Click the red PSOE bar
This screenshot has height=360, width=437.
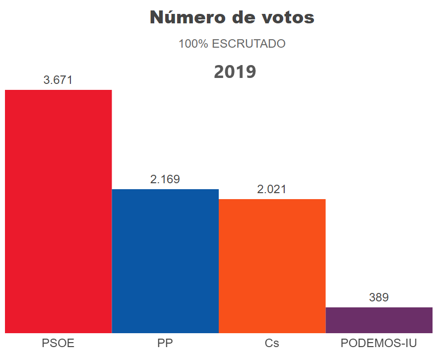click(x=58, y=211)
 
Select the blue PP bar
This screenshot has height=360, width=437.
click(x=165, y=261)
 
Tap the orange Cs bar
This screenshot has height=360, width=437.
click(x=272, y=266)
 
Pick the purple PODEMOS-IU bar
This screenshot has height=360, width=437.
click(x=379, y=320)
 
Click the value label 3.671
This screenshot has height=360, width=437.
click(x=58, y=80)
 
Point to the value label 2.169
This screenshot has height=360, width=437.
click(x=165, y=180)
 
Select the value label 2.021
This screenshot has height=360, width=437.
click(x=272, y=190)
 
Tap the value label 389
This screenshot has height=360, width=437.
click(x=379, y=298)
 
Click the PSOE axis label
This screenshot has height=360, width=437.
click(x=58, y=343)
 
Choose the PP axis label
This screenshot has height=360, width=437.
click(x=165, y=343)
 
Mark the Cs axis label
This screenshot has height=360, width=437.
click(x=272, y=343)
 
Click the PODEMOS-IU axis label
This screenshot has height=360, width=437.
click(x=379, y=343)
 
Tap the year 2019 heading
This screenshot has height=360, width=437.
click(x=235, y=72)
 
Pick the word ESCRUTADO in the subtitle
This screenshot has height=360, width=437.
click(x=249, y=44)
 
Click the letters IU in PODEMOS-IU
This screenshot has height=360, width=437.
click(x=410, y=343)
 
